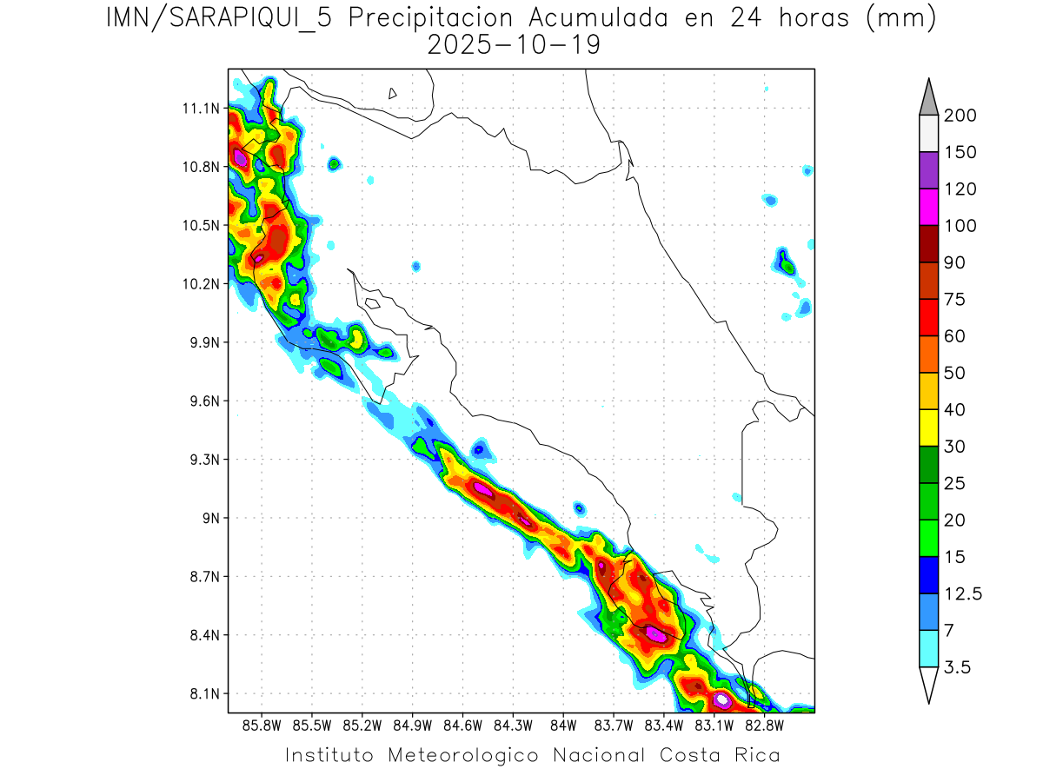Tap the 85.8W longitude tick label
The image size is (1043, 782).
(x=262, y=725)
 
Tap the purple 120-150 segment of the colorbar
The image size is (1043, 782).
(x=928, y=170)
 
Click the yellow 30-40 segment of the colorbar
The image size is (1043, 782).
(x=928, y=427)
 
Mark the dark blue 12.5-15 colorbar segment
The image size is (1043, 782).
(x=928, y=574)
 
